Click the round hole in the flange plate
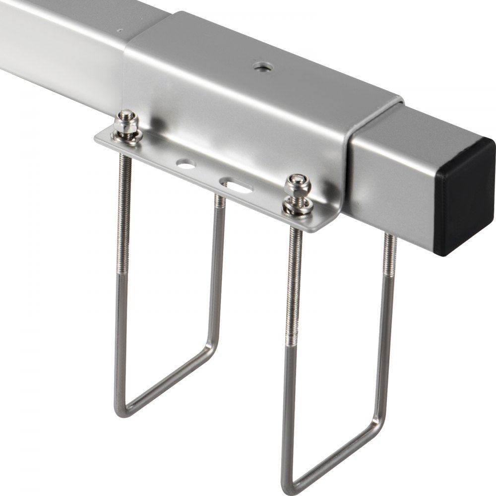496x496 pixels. tap(186, 164)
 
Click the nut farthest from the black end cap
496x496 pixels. tap(126, 130)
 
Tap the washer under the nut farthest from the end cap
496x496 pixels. tap(127, 137)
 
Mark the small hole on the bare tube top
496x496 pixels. tap(121, 30)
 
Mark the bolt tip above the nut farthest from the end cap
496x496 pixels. tap(126, 117)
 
